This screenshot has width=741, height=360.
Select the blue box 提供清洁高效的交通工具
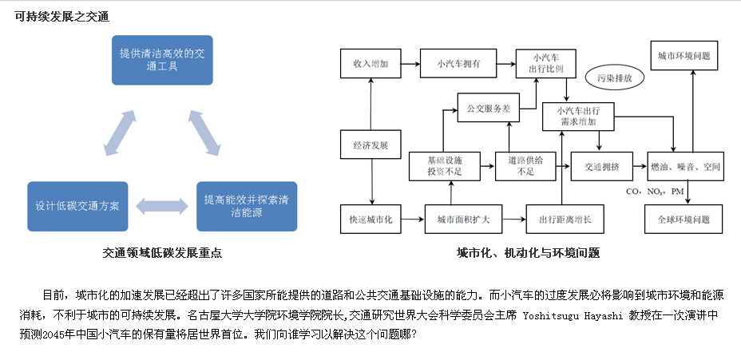162,60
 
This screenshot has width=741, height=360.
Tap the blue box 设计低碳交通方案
77,206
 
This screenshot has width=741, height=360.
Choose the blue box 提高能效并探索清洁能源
246,206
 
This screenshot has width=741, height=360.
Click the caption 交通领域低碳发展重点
162,253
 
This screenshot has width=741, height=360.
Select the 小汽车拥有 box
458,64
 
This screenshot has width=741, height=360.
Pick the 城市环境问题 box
683,57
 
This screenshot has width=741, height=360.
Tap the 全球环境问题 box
683,219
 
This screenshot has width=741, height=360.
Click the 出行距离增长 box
564,219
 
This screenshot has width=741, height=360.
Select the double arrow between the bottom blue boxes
161,205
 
